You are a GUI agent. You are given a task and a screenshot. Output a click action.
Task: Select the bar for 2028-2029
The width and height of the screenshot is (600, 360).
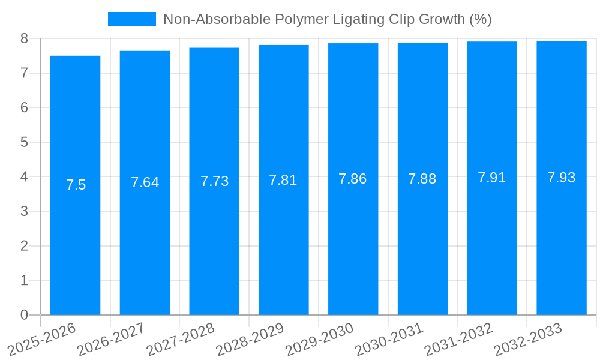tap(284, 180)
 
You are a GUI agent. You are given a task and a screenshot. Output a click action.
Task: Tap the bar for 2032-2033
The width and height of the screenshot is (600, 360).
tap(562, 178)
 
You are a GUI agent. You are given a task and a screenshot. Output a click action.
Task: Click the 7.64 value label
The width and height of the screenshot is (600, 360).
tap(145, 182)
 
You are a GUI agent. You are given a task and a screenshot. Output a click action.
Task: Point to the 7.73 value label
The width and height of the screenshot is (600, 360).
tap(214, 181)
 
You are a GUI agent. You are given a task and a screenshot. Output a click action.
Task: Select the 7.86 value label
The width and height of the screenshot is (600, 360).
tap(353, 179)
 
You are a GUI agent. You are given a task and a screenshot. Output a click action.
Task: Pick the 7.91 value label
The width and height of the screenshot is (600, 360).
tap(492, 178)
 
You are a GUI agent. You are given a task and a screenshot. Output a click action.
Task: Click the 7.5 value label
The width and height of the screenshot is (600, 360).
tap(76, 185)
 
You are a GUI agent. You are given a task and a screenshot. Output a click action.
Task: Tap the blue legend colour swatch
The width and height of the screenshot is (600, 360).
tap(131, 19)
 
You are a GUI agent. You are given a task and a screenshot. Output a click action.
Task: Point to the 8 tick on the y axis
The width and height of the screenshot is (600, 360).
tap(24, 38)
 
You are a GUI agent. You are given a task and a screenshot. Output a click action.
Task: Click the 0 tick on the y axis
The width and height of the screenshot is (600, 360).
tap(24, 315)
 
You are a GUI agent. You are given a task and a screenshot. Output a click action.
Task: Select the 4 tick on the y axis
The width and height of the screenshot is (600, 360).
tap(24, 177)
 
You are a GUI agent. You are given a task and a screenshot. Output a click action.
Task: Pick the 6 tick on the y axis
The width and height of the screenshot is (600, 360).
tap(24, 108)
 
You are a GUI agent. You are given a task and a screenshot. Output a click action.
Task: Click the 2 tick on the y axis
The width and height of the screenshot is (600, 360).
tap(24, 246)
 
